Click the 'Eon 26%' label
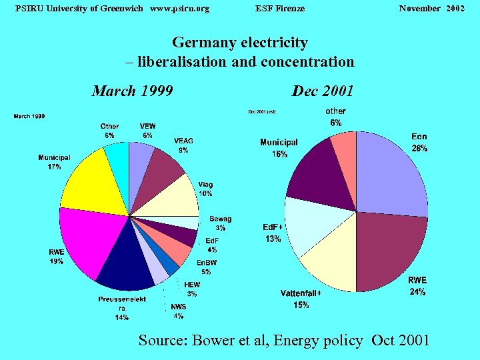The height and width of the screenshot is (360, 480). [419, 143]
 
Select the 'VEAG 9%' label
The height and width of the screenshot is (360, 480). [183, 145]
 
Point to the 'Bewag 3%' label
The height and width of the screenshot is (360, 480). [220, 223]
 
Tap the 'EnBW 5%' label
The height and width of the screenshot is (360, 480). [207, 267]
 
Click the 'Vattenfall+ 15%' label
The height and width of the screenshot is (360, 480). [301, 299]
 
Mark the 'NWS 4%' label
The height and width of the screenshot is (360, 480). [178, 311]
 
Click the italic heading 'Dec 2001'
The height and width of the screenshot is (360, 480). [323, 91]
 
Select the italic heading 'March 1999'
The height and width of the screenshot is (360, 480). [132, 91]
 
